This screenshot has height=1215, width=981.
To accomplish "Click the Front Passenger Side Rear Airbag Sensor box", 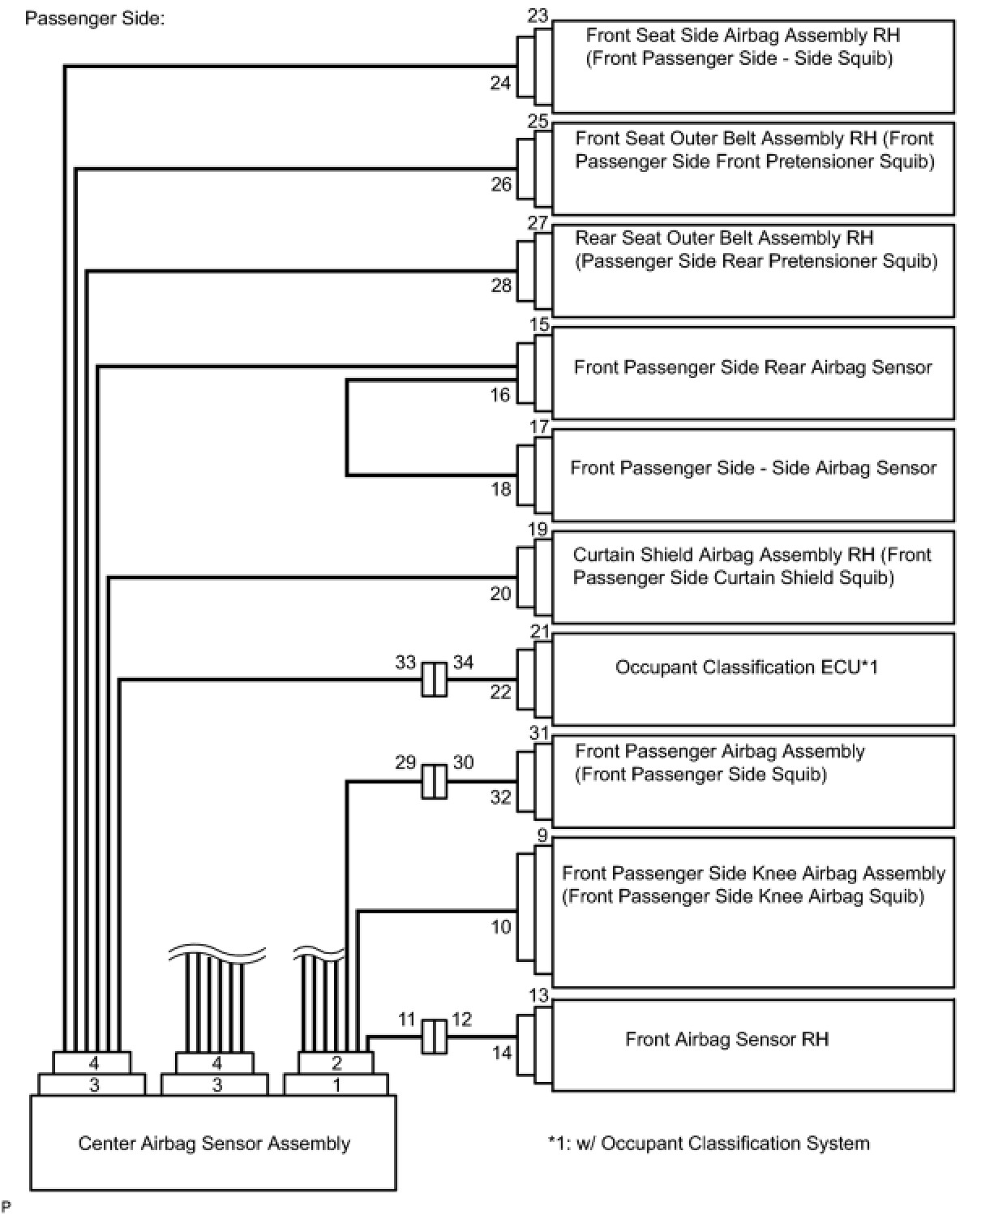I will click(x=752, y=372).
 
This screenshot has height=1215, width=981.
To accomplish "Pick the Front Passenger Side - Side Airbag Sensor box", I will click(x=752, y=474).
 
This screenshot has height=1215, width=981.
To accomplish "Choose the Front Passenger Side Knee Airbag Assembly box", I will click(x=752, y=912).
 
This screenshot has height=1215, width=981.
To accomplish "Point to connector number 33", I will click(x=405, y=662).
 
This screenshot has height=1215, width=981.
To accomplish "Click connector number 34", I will click(x=463, y=662).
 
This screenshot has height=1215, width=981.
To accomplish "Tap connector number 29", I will click(x=405, y=762).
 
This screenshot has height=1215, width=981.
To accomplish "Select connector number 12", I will click(x=461, y=1019).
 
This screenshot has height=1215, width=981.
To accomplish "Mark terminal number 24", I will click(x=501, y=82).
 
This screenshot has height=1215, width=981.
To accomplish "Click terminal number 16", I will click(x=501, y=395).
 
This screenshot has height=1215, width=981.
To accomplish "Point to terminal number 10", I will click(x=501, y=925).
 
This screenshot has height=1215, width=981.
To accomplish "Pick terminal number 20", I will click(x=501, y=593).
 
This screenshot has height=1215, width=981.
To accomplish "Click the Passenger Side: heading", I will click(x=95, y=18).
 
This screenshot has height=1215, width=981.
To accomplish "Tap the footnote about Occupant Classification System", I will click(x=709, y=1143).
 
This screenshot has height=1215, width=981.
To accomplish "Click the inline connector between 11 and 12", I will click(x=434, y=1037).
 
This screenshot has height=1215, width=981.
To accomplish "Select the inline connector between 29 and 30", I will click(x=434, y=781).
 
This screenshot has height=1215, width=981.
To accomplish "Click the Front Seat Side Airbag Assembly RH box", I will click(x=752, y=67).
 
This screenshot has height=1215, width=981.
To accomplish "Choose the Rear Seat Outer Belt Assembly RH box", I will click(x=752, y=270).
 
